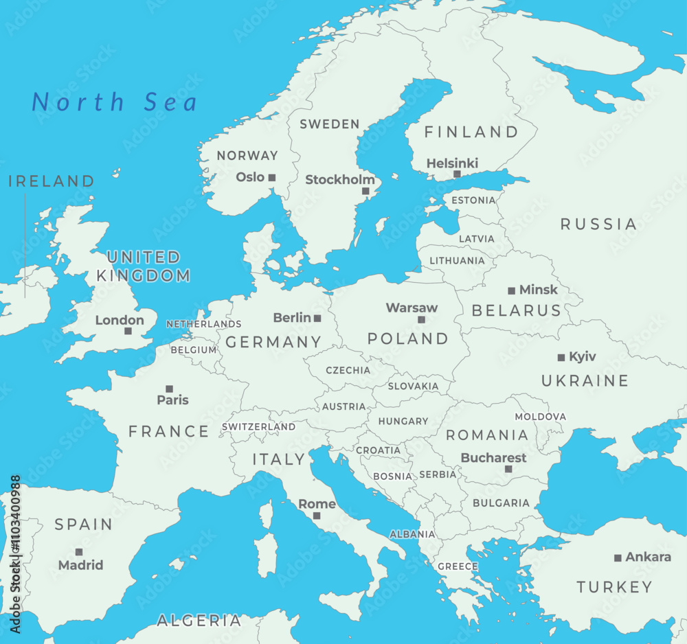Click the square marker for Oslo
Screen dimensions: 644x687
point(272,177)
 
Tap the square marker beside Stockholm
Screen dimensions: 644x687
point(365,192)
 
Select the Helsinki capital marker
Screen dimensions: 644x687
point(457,174)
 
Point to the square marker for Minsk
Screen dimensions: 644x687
point(511,291)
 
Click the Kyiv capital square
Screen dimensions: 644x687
point(561,358)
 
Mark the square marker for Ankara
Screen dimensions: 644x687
point(618,558)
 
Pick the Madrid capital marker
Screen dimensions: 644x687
point(79,552)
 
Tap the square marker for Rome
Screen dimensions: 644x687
point(317,516)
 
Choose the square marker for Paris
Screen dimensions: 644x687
point(169,389)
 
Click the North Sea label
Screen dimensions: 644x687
point(115,102)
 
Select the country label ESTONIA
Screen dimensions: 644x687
point(473,200)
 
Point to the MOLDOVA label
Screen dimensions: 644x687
point(541,417)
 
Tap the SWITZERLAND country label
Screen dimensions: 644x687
point(258,426)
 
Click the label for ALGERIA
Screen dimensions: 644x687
point(199,621)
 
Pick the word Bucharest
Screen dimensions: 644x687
point(493,457)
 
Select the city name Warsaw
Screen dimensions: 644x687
point(412,308)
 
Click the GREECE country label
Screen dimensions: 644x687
point(458,566)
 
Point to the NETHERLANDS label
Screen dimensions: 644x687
point(204,324)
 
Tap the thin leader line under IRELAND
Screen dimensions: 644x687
point(25,247)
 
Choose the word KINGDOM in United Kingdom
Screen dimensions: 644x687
point(143,276)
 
